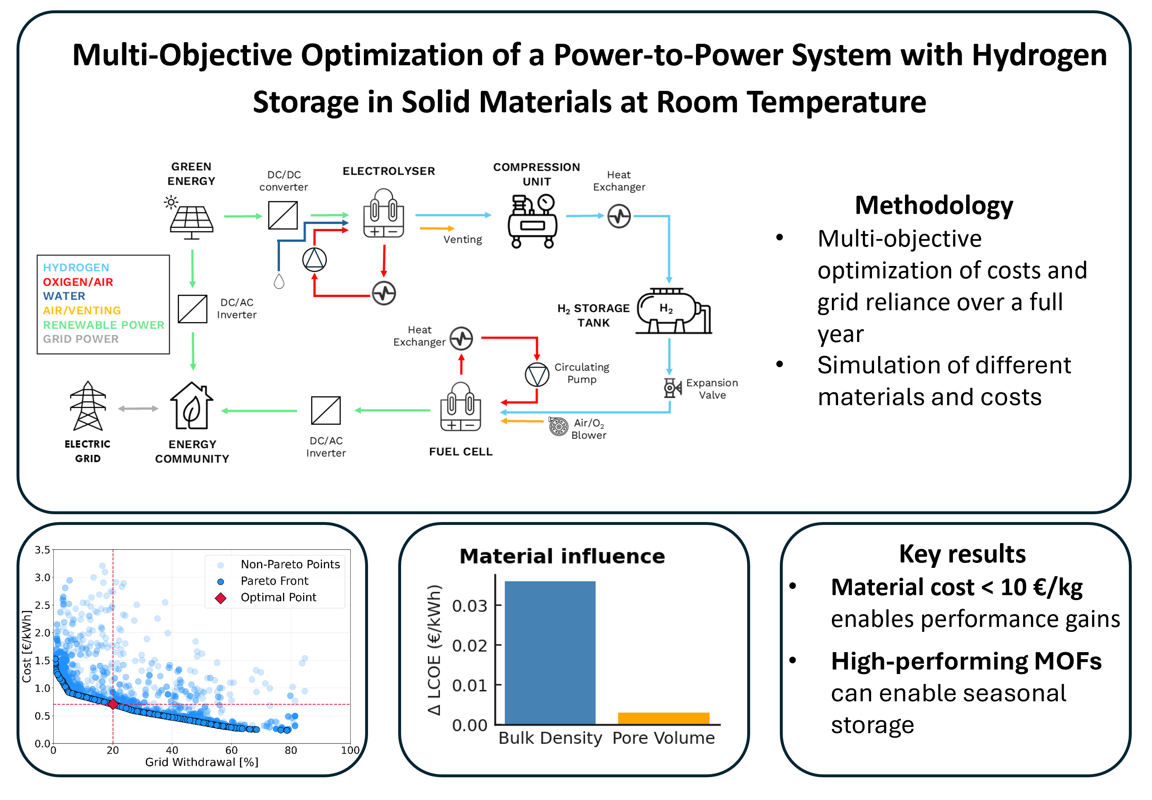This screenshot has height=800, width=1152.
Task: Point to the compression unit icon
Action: pyautogui.click(x=533, y=221)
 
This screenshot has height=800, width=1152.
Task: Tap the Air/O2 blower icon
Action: pyautogui.click(x=558, y=426)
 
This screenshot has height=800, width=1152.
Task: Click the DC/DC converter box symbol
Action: pyautogui.click(x=283, y=215)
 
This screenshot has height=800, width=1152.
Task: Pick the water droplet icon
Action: pyautogui.click(x=279, y=281)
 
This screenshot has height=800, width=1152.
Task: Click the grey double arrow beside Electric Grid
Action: pyautogui.click(x=138, y=408)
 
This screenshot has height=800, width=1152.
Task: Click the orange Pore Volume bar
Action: pyautogui.click(x=663, y=718)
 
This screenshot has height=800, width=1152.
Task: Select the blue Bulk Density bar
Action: pyautogui.click(x=550, y=652)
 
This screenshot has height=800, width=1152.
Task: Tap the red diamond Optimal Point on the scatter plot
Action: pyautogui.click(x=113, y=704)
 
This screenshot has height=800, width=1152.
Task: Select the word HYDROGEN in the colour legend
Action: pyautogui.click(x=76, y=267)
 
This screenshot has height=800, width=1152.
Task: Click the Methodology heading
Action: pyautogui.click(x=934, y=206)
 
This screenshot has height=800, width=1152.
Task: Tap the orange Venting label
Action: pyautogui.click(x=463, y=240)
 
